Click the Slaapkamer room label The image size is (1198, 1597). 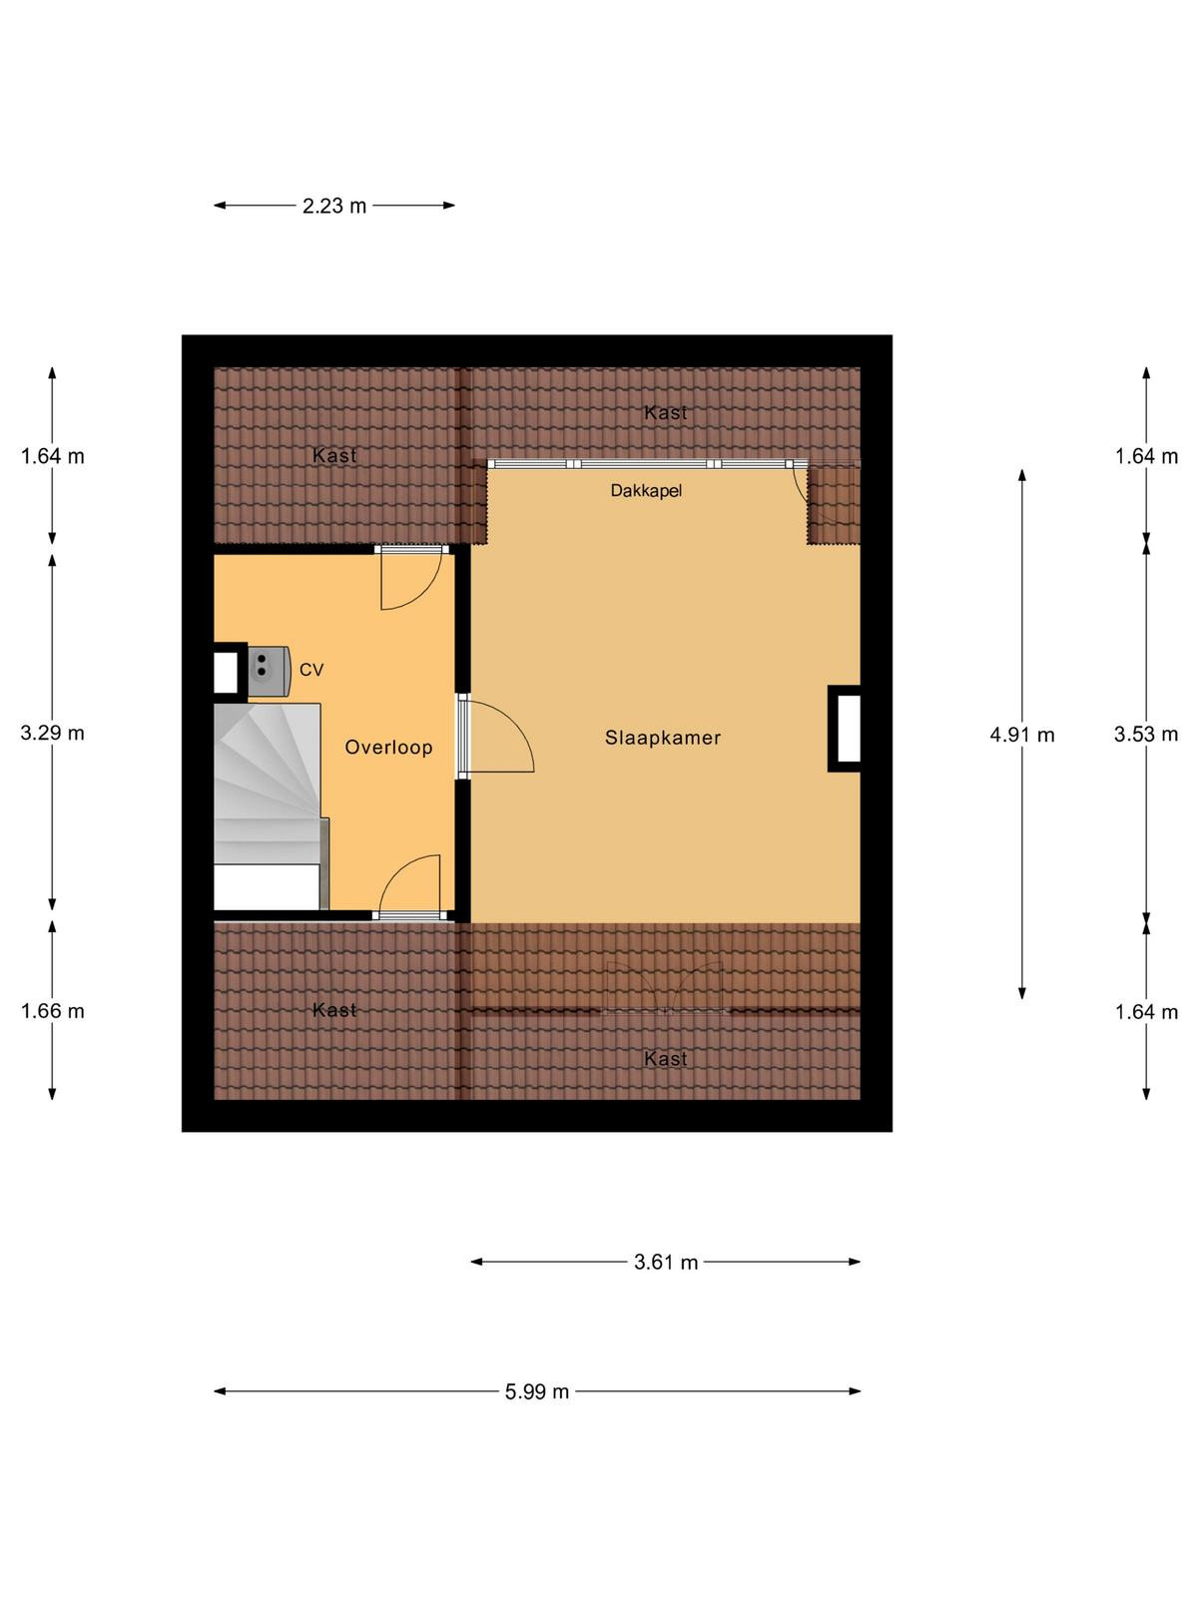tap(662, 737)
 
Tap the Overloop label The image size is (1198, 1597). tap(388, 747)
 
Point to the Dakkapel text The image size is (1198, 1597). tap(646, 490)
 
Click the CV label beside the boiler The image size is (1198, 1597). tap(311, 670)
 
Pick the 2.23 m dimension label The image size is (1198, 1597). tap(334, 206)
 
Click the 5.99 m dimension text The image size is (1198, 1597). tap(537, 1391)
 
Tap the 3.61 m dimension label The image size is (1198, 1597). tap(666, 1262)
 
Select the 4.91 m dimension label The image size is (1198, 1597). tap(1022, 735)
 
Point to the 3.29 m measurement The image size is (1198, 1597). tap(52, 733)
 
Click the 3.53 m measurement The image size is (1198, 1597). tap(1146, 734)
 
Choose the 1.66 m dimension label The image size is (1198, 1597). tap(52, 1010)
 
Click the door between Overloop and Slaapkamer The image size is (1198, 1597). tap(494, 734)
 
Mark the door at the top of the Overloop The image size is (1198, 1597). tap(411, 578)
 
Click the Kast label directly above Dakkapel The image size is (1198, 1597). tap(666, 412)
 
